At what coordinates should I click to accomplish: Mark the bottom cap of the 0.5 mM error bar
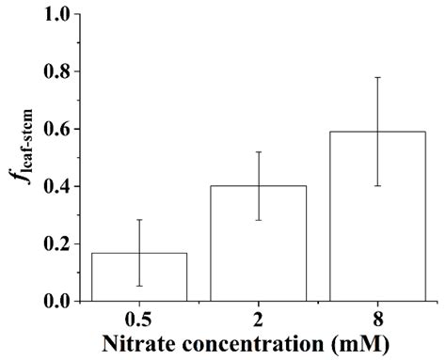pyautogui.click(x=139, y=286)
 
